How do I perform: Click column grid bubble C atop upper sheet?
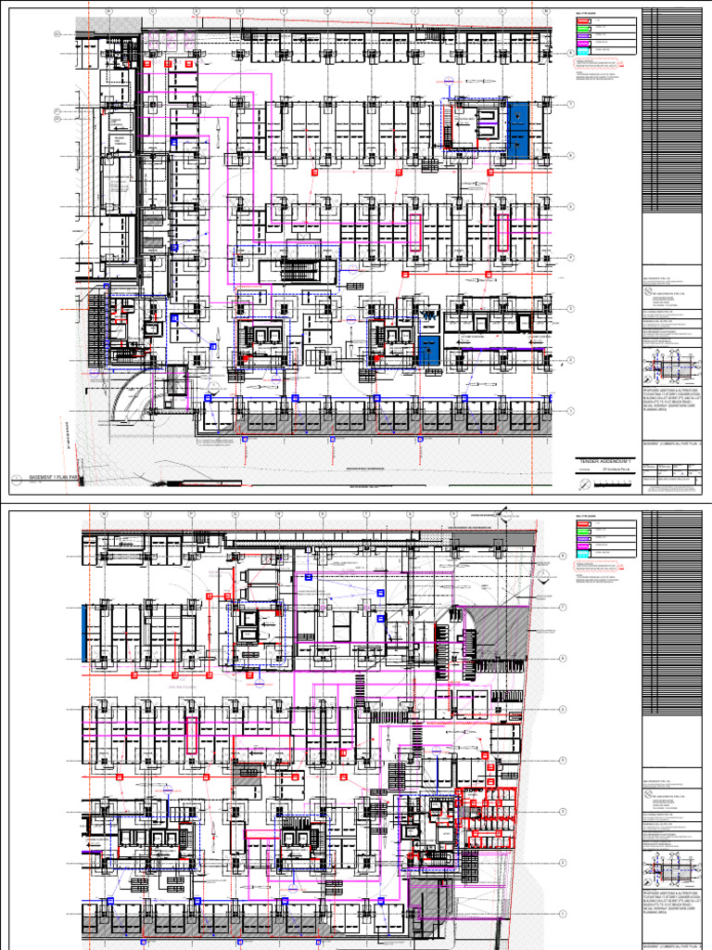(x=153, y=13)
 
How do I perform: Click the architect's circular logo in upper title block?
(x=649, y=290)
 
